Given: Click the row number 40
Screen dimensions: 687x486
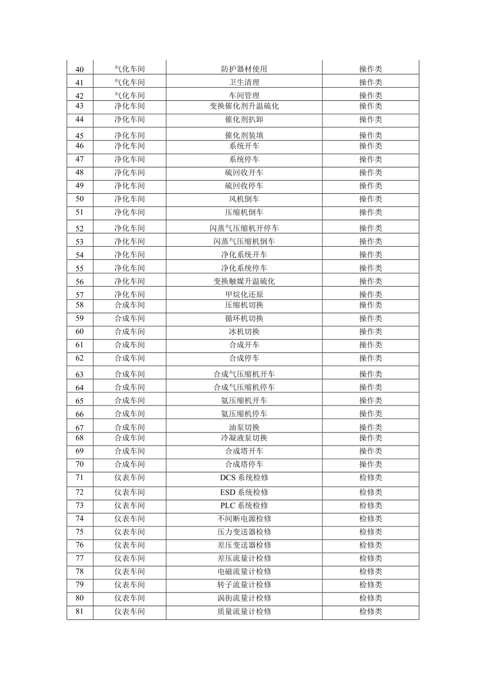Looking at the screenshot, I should [80, 69].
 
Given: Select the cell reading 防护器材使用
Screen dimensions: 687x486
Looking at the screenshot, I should [244, 69].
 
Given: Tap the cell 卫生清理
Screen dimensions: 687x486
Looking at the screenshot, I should [244, 82].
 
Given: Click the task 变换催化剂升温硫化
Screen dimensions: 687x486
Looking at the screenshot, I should [244, 106].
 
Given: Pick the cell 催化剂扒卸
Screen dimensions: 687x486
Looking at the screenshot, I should [244, 119].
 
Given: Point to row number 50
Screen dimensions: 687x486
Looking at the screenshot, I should [80, 199].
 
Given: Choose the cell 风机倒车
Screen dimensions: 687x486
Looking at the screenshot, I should [244, 199].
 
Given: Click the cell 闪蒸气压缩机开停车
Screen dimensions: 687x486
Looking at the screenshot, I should [244, 228].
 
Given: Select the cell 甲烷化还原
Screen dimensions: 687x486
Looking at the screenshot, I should [244, 295].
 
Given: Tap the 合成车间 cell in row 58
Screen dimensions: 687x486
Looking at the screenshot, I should [129, 305].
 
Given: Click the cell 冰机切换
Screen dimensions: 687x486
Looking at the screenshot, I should [244, 332].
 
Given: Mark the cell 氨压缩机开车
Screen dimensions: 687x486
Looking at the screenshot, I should [244, 401].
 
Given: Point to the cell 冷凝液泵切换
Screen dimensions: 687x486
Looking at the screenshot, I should [244, 438].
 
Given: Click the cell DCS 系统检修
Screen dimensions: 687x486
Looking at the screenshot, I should [244, 478].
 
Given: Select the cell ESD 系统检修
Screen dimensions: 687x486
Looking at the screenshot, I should [244, 492].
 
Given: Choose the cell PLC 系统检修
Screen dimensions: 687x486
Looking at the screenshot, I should [244, 505].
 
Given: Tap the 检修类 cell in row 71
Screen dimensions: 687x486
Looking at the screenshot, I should [370, 478].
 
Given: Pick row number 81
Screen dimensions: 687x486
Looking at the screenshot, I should [80, 611].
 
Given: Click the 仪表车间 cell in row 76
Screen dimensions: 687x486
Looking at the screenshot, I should [129, 545].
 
